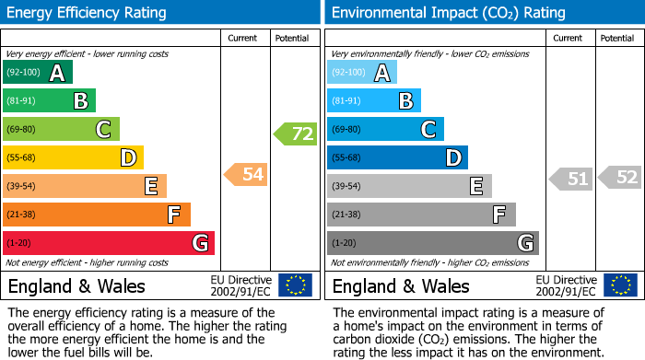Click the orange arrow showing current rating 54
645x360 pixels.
tap(246, 174)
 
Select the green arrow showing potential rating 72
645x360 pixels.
tap(295, 134)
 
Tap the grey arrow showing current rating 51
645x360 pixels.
tap(570, 179)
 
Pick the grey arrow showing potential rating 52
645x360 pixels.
tap(619, 177)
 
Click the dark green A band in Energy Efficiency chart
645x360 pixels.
tap(37, 73)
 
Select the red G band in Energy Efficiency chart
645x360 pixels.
tap(108, 243)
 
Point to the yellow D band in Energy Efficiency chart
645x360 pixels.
tap(73, 157)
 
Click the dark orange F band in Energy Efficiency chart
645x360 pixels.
tap(96, 215)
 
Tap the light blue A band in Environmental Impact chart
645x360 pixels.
tap(361, 73)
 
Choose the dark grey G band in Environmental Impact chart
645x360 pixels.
tap(432, 243)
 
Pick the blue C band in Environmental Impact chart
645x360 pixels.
tap(385, 129)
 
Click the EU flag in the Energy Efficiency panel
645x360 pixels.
tap(295, 285)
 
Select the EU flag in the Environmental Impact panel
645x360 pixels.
tap(619, 285)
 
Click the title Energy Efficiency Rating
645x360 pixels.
tap(88, 13)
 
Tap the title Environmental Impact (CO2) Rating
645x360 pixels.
tap(448, 13)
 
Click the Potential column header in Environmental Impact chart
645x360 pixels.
tap(617, 39)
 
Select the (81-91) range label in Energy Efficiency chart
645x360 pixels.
tap(22, 101)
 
